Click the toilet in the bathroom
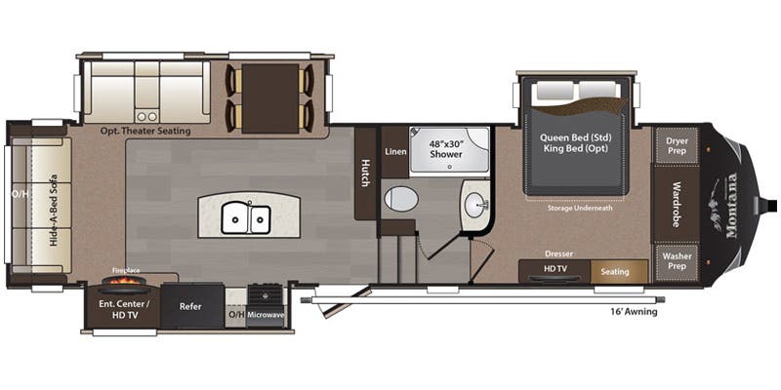coord(400,199)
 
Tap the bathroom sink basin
coord(474,206)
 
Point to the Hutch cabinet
coord(366,173)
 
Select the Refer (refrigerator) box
coord(191,306)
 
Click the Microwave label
coord(267,315)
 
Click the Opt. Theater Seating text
coord(144,130)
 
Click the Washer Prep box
coord(677,262)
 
